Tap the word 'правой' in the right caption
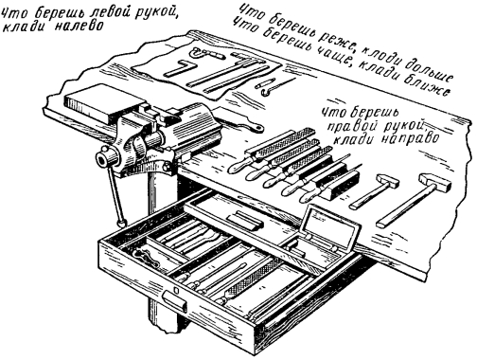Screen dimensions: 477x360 click(349, 126)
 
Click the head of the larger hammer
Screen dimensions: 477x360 click(434, 182)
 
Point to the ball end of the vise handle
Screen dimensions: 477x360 click(121, 224)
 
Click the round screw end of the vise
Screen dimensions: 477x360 click(102, 158)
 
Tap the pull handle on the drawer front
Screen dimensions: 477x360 click(174, 301)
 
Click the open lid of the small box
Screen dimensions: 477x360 click(328, 224)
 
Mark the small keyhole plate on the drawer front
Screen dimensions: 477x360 click(176, 290)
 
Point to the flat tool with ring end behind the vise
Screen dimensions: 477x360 click(239, 124)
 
